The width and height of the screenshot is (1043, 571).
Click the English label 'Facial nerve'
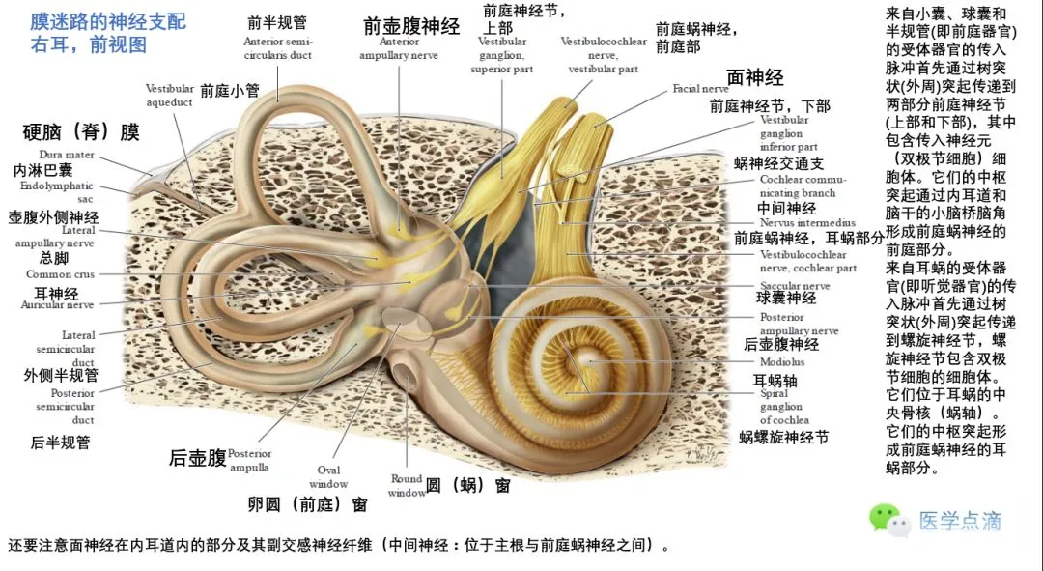click(700, 89)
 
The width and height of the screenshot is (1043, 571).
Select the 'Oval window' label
click(328, 476)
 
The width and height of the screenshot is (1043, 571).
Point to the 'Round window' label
click(408, 485)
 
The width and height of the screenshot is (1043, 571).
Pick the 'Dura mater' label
click(67, 155)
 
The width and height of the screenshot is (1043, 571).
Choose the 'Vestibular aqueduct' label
click(170, 95)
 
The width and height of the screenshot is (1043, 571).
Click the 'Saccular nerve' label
click(794, 286)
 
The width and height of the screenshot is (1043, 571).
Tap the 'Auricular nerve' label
click(57, 305)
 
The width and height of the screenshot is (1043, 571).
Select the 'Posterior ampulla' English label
click(250, 460)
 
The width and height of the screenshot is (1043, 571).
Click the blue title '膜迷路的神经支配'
click(108, 21)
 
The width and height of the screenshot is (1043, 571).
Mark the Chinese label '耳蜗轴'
click(774, 380)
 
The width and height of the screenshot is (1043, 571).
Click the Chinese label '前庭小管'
click(230, 91)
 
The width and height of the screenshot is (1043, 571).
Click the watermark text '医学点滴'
click(960, 521)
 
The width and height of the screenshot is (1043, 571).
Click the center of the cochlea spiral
click(587, 361)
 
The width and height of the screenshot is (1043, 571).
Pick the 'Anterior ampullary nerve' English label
click(399, 49)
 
